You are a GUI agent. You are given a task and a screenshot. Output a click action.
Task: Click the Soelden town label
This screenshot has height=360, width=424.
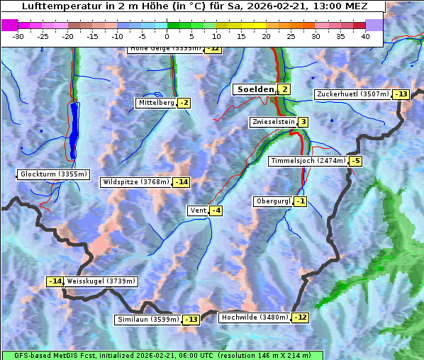point(254,89)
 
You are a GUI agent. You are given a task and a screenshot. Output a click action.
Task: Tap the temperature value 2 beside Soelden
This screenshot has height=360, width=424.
point(284,89)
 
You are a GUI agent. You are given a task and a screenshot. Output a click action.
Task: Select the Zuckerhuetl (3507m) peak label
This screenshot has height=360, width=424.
point(353,94)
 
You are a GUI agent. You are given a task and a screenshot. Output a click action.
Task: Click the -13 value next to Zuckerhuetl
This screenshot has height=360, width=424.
point(401,94)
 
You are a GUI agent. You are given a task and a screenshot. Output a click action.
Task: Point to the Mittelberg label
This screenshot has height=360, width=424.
point(156,103)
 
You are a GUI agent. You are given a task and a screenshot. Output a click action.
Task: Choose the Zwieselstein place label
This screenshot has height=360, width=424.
point(273,122)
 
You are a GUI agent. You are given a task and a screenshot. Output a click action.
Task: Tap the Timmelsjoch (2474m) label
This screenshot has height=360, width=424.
point(308,161)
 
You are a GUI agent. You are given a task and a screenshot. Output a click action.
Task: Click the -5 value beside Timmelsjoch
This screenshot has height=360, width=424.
point(355,161)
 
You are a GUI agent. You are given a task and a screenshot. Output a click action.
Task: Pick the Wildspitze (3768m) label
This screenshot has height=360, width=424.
point(136,182)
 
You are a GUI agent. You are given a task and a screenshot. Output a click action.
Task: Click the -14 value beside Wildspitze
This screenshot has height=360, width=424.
point(182,182)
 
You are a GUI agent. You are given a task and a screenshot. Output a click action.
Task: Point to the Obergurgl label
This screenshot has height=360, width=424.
point(273,201)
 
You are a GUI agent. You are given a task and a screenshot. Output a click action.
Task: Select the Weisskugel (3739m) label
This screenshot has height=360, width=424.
point(101,281)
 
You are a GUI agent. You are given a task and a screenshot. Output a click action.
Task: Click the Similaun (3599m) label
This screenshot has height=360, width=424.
point(148,320)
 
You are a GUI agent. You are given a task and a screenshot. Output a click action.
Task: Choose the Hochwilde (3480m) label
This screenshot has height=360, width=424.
point(254,317)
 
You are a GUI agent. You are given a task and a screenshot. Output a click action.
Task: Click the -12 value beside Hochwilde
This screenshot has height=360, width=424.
point(301,317)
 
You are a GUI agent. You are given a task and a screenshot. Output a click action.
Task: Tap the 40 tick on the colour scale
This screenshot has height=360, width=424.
point(365,36)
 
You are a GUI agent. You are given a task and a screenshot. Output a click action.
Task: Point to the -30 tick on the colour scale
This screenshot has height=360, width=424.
point(18,36)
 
